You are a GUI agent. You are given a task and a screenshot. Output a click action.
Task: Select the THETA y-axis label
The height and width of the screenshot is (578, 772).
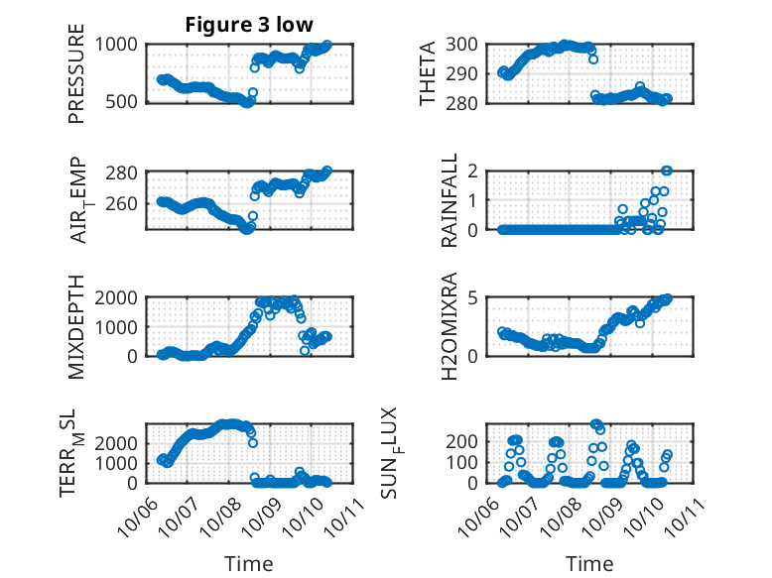[x=428, y=73]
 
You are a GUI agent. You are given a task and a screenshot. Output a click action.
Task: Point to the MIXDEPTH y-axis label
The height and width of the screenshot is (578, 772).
[x=76, y=326]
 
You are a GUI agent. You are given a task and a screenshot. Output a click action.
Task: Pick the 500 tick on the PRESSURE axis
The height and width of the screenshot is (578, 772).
[x=128, y=102]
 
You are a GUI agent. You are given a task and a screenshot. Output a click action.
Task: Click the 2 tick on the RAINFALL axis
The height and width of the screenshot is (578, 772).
[x=484, y=171]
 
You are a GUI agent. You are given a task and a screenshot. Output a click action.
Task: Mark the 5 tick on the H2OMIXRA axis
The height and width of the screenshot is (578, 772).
[x=484, y=297]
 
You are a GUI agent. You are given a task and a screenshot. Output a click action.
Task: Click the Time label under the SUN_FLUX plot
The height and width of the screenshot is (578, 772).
[x=589, y=564]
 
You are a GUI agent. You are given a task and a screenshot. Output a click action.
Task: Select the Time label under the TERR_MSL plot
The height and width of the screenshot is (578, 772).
[x=249, y=564]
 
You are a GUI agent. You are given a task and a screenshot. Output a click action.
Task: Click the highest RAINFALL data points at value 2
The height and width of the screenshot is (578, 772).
[x=667, y=171]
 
